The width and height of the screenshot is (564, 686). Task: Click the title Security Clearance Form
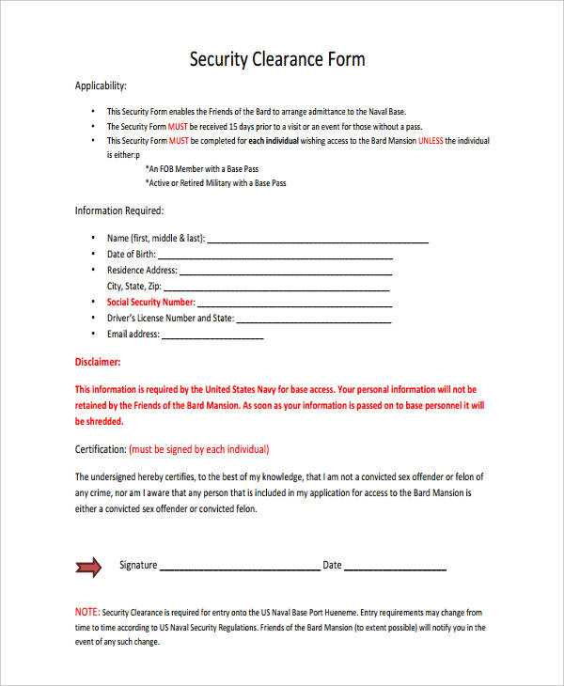277,59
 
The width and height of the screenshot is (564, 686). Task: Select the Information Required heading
119,210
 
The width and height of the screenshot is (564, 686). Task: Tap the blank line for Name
317,240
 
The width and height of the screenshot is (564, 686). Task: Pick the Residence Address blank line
281,272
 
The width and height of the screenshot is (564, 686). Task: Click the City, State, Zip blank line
277,288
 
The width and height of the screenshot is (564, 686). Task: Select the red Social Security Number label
150,302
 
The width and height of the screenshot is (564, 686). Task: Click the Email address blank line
213,335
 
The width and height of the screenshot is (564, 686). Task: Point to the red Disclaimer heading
97,361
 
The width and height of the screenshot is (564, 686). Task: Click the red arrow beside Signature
87,566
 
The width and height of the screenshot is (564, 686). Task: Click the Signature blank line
240,568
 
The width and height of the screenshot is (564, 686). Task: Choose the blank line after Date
395,568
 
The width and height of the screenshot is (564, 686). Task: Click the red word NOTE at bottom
86,612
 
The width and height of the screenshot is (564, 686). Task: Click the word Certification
100,449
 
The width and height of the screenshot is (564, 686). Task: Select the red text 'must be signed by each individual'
199,449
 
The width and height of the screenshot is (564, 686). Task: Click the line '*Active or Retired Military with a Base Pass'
216,183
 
